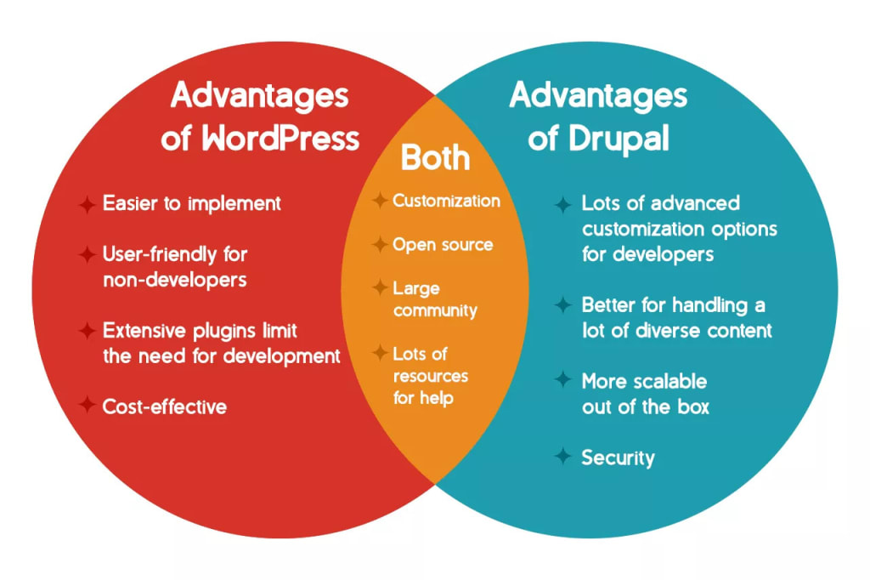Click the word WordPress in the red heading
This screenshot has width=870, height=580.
[x=280, y=139]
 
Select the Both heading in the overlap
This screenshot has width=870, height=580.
[x=435, y=157]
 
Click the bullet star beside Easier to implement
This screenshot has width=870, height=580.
[x=87, y=204]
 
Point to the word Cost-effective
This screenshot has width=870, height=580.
[x=165, y=407]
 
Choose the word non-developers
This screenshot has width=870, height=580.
[x=175, y=280]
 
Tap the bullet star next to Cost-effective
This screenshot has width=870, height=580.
[x=87, y=406]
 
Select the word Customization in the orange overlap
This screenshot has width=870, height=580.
[x=446, y=201]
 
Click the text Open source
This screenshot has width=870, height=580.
[x=442, y=245]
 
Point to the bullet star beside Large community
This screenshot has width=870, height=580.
[x=380, y=288]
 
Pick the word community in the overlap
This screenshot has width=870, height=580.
[x=435, y=310]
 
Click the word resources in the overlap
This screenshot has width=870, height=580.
[x=430, y=375]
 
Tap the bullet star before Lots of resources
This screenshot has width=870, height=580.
[x=380, y=353]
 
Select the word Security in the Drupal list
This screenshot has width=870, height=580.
[x=618, y=458]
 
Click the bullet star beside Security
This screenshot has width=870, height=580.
[x=562, y=457]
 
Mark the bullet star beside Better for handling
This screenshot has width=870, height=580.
[x=562, y=304]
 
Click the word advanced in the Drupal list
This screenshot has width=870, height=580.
[x=691, y=203]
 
